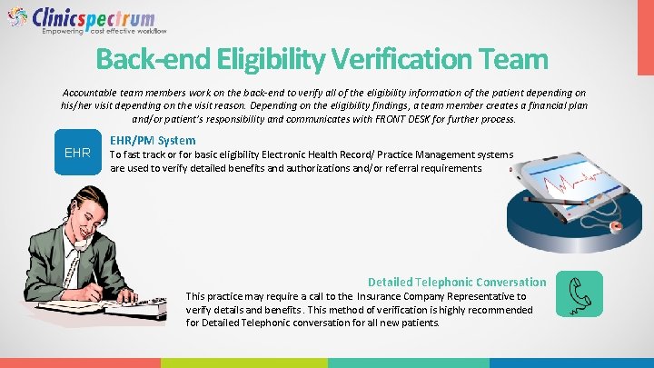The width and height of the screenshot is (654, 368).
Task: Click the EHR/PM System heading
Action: [152, 140]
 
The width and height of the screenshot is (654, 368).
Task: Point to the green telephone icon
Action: [579, 294]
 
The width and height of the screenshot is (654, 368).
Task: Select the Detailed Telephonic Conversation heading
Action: [457, 282]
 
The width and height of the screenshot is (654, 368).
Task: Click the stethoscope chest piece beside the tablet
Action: [617, 224]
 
